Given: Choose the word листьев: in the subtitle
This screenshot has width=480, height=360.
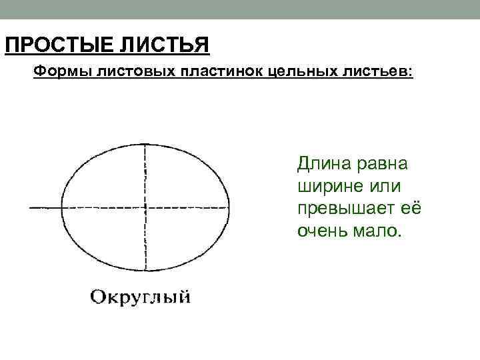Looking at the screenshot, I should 380,71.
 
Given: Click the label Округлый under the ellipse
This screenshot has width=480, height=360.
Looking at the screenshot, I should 141,296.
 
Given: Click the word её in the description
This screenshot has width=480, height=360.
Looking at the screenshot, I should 411,209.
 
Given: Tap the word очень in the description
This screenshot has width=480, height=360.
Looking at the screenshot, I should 323,231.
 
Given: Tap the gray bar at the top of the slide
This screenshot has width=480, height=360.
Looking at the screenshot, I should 240,9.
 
